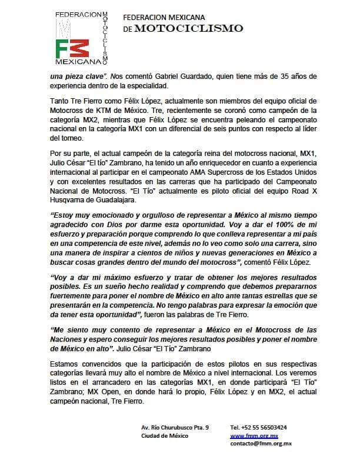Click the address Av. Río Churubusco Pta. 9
pyautogui.click(x=175, y=427)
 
